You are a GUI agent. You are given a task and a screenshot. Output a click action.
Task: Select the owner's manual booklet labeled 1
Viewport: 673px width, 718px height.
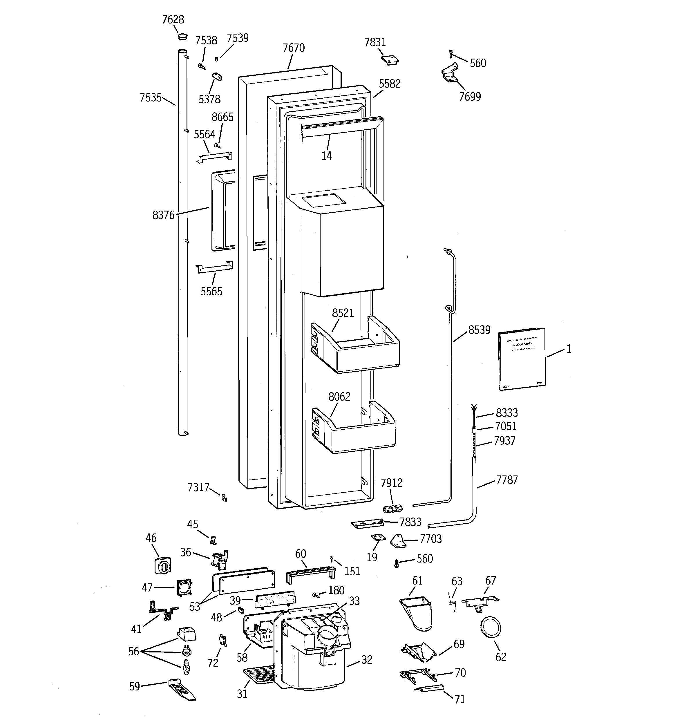pyautogui.click(x=521, y=359)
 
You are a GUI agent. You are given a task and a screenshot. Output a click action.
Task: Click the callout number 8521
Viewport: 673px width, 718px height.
pyautogui.click(x=343, y=313)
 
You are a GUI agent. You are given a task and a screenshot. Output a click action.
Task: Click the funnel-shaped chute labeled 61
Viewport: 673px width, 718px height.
pyautogui.click(x=417, y=613)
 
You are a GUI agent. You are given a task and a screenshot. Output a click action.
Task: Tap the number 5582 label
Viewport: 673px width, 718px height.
pyautogui.click(x=389, y=84)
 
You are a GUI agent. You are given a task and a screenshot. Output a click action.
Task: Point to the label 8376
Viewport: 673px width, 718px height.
pyautogui.click(x=163, y=215)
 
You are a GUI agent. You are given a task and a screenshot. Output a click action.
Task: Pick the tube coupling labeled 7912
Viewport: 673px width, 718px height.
pyautogui.click(x=392, y=509)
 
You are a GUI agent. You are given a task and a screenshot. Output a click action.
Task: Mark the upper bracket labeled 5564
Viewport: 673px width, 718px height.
pyautogui.click(x=215, y=157)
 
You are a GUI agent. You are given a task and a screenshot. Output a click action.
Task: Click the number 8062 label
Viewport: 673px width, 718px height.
pyautogui.click(x=339, y=397)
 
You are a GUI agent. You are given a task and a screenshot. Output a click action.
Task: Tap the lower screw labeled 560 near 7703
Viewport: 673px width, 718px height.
pyautogui.click(x=397, y=563)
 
